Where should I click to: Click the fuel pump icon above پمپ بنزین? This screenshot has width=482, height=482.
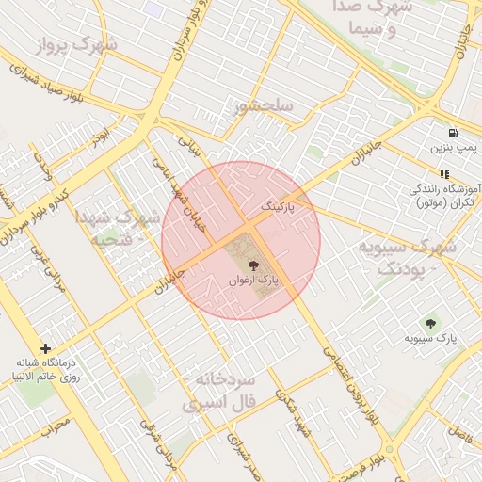454,133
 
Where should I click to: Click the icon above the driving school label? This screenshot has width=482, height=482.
443,174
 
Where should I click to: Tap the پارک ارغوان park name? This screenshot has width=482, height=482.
255,281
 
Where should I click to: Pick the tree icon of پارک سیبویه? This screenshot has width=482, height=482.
432,324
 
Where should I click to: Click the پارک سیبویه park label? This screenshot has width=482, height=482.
431,338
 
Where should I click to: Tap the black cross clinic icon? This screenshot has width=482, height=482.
44,348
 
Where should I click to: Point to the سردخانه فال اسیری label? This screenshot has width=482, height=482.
225,390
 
